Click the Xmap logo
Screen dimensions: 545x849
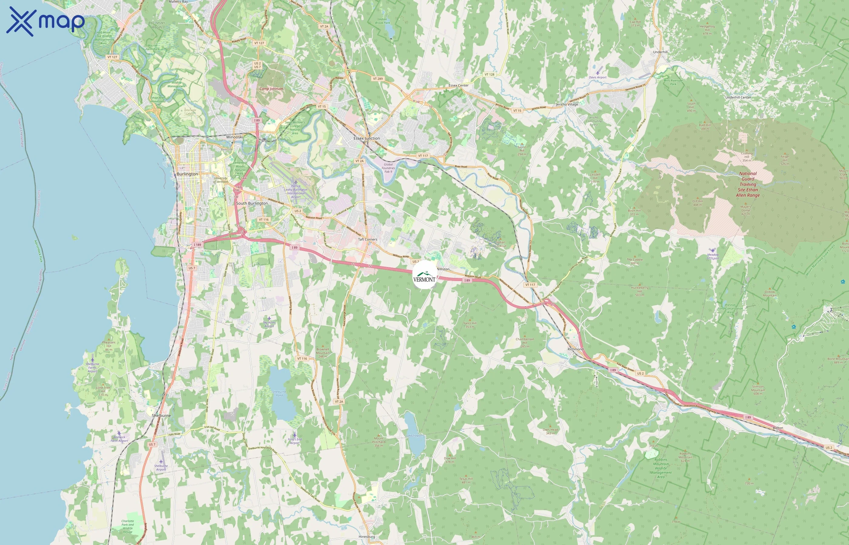[x=45, y=21]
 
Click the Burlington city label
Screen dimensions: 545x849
[x=187, y=174]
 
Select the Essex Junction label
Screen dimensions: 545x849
[x=366, y=138]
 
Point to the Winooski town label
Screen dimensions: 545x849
[x=235, y=137]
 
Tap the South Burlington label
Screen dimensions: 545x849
[x=252, y=203]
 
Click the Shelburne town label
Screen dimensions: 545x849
[x=161, y=415]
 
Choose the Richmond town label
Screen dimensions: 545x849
[x=575, y=349]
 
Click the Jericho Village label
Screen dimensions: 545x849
[x=567, y=104]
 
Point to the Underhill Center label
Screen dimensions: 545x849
[x=738, y=97]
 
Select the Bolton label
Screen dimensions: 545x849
[x=778, y=428]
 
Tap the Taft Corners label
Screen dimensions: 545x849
[x=367, y=239]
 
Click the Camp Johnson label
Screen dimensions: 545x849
[x=271, y=89]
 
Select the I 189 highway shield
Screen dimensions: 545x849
[x=197, y=245]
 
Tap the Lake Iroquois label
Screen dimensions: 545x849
[x=414, y=436]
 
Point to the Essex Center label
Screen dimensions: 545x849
[x=458, y=85]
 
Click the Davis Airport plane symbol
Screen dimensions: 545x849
[x=597, y=73]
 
